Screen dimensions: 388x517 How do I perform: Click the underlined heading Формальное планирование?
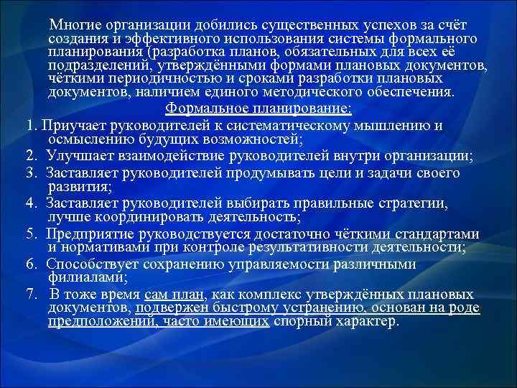pyautogui.click(x=258, y=108)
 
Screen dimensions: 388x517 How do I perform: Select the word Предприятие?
pyautogui.click(x=90, y=234)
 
